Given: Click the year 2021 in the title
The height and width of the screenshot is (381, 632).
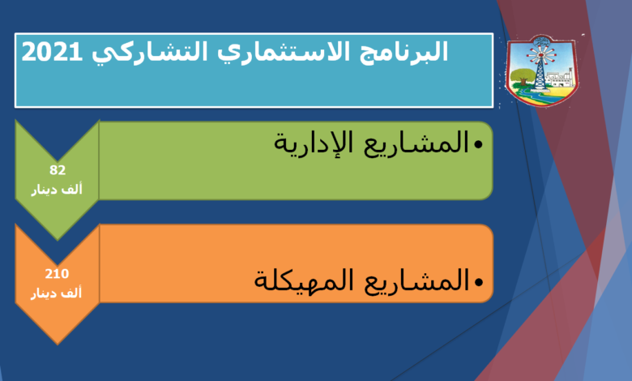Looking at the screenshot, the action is [52, 53].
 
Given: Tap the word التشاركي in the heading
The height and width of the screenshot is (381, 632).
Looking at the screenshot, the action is [149, 54].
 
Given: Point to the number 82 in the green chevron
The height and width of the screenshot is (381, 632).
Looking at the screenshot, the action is [58, 170].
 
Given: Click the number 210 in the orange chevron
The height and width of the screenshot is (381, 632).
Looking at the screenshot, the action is [57, 274].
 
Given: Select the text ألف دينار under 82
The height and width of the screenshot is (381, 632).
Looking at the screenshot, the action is [57, 189].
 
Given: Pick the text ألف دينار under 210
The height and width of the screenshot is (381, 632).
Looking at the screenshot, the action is [57, 293].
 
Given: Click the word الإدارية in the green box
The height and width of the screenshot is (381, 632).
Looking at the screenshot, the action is [314, 143].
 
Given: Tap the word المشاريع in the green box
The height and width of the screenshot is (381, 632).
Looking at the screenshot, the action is [416, 143].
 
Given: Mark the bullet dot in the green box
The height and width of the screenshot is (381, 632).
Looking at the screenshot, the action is [478, 144].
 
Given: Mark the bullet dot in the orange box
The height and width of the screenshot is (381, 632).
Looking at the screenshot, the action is [478, 282].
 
